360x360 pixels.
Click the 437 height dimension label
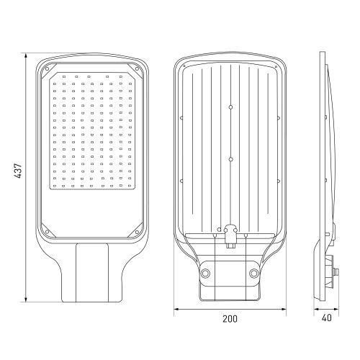pos(18,171)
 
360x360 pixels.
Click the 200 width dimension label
pos(230,319)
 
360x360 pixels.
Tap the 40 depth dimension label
pos(327,318)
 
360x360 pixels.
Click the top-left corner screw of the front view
pos(47,69)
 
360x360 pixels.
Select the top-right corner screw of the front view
pos(137,69)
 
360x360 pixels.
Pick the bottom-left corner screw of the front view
pos(47,232)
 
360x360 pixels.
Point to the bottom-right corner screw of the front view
pos(137,232)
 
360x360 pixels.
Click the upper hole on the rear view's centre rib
pos(230,107)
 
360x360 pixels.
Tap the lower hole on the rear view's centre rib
pos(231,159)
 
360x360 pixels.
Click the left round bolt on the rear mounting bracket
pos(206,273)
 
